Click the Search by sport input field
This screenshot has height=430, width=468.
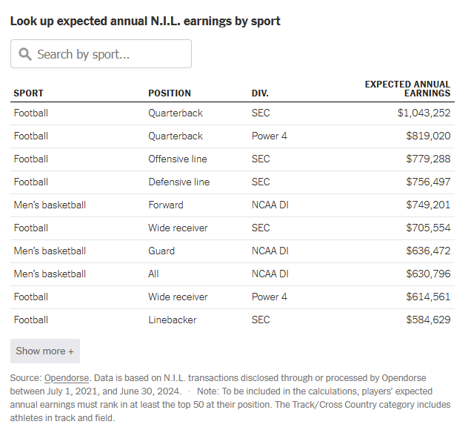(101, 54)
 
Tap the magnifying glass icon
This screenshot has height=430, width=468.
(25, 54)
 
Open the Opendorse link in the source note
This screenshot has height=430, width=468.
(67, 378)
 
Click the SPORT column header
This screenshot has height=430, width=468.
(28, 93)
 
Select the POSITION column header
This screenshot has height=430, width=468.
(170, 93)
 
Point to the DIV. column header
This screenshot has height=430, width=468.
(260, 93)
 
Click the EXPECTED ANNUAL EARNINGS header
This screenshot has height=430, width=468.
(407, 89)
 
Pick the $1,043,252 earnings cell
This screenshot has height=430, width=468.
(424, 113)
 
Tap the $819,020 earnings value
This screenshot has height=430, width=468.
(428, 136)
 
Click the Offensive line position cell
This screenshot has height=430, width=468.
(178, 159)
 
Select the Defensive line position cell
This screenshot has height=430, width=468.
(179, 182)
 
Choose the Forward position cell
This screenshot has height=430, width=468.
(166, 205)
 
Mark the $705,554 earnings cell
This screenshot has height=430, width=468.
(428, 228)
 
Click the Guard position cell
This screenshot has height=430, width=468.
(161, 251)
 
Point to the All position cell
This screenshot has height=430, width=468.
(153, 274)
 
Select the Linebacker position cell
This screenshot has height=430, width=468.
(173, 320)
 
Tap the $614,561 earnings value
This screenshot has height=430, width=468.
(428, 297)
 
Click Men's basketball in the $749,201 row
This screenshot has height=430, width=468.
(50, 205)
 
